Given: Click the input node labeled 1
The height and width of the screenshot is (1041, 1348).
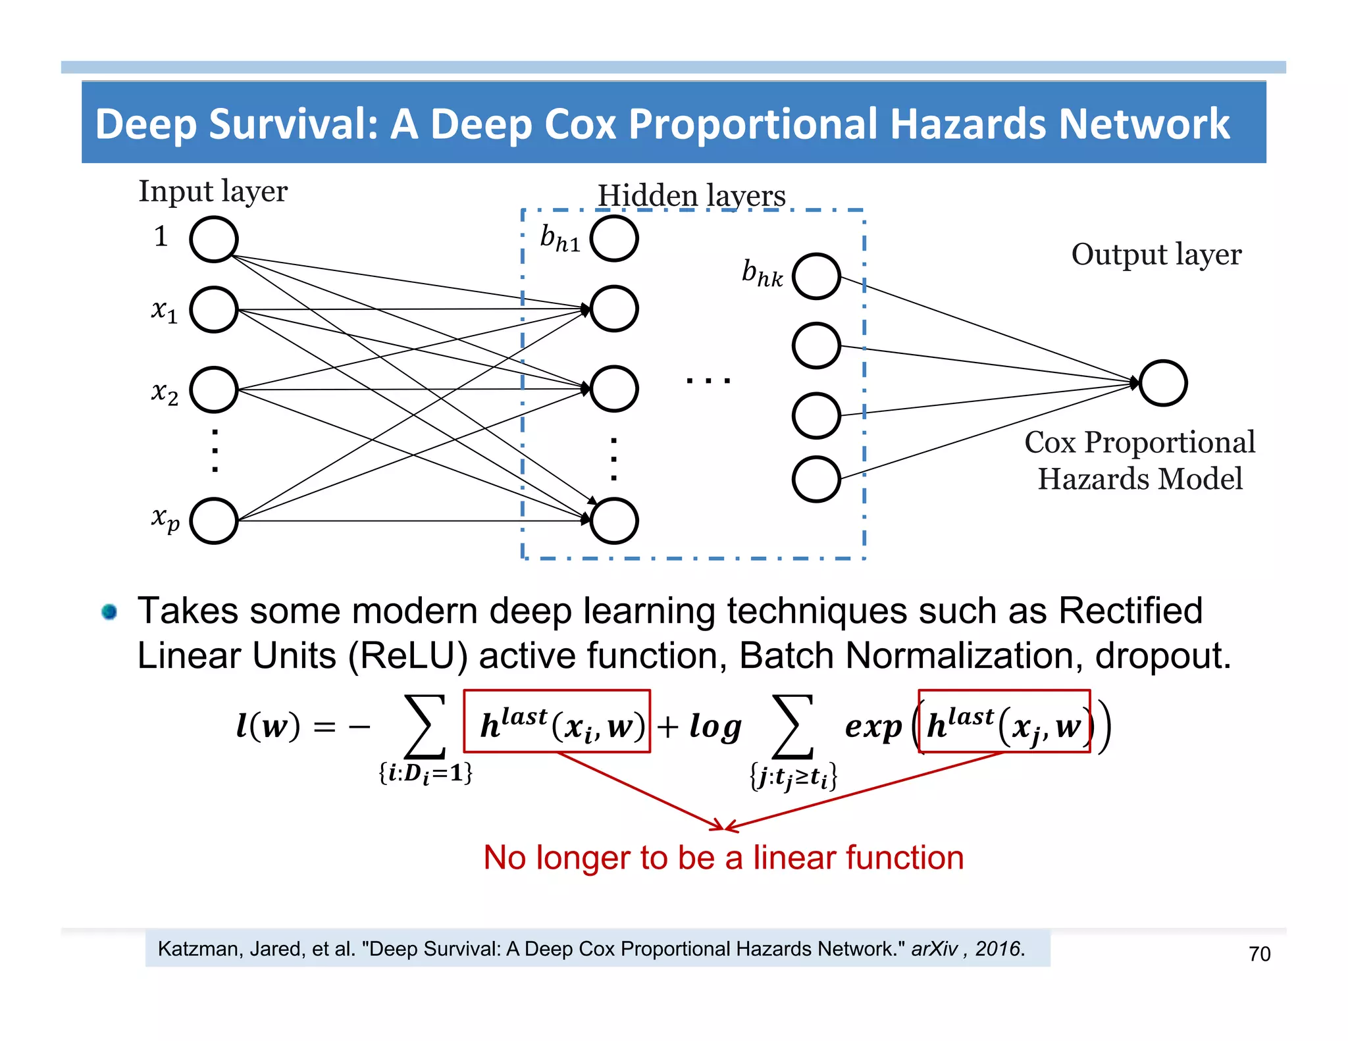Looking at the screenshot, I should coord(213,239).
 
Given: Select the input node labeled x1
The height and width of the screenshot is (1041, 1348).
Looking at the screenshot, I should coord(213,309).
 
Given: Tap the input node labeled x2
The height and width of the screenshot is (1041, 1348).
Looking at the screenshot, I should coord(213,390).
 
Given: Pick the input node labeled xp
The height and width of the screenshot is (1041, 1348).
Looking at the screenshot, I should coord(213,520).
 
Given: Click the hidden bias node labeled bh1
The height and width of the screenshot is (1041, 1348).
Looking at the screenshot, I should coord(613,238).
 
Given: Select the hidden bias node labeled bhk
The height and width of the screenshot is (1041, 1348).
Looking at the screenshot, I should coord(816,276).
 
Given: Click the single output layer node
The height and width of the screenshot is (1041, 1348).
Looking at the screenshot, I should coord(1163,383).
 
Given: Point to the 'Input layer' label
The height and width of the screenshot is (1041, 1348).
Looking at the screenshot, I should coord(213,191).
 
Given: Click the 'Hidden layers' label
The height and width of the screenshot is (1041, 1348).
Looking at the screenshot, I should coord(691,195).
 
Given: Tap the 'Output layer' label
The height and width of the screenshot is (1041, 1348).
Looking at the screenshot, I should coord(1156,255).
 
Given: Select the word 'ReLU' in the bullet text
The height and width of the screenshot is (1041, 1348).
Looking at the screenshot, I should coord(408,656).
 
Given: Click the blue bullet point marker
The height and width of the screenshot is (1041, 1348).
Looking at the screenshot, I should coord(109,612).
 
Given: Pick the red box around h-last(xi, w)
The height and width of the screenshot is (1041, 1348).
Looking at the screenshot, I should coord(557,721).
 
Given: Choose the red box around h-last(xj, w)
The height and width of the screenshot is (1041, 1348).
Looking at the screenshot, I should coord(1004,721).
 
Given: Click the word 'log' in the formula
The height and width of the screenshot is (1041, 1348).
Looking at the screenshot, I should coord(715,726).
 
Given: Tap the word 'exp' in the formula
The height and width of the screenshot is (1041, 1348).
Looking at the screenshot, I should coord(873,726).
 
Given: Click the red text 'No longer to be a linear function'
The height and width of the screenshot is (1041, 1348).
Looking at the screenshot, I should coord(723,857).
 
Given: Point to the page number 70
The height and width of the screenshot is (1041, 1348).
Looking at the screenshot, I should coord(1259,953).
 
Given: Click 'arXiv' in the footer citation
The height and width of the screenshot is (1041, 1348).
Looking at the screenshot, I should coord(934,949).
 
